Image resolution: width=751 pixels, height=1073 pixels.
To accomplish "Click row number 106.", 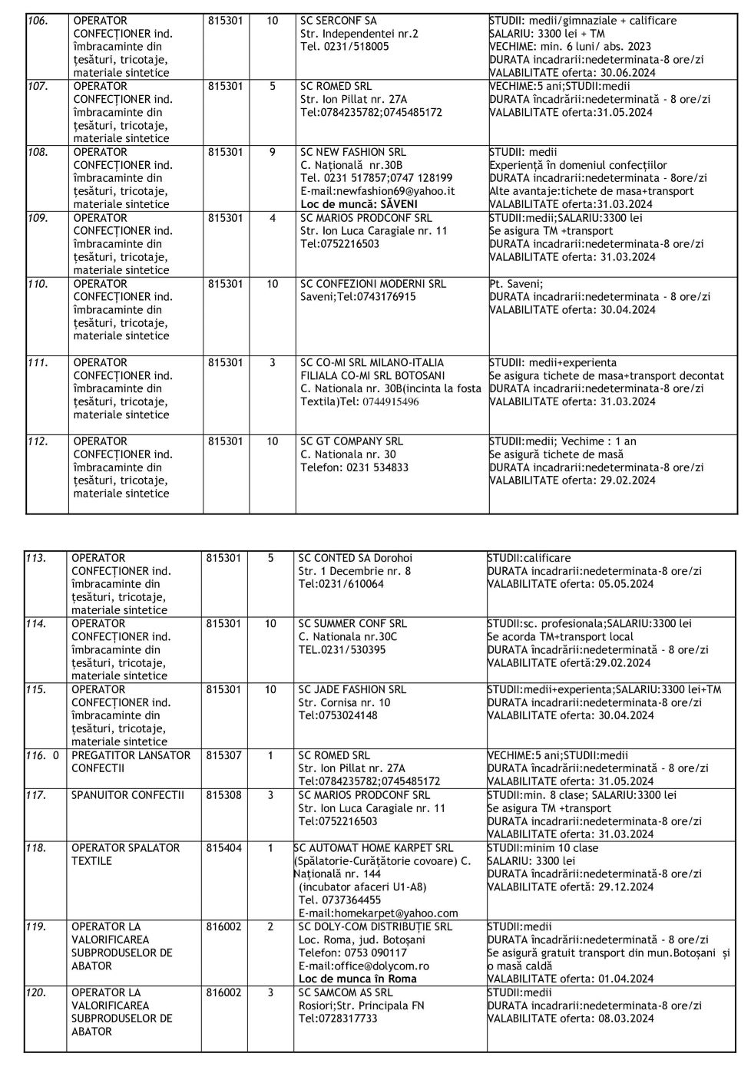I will point(38,21).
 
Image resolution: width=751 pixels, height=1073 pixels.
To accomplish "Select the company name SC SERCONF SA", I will point(338,21).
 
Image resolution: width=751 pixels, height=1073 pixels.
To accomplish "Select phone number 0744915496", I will point(391,402).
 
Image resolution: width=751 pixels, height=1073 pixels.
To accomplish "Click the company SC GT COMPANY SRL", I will point(351,441).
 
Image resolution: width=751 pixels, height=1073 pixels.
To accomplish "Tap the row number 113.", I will point(36,558).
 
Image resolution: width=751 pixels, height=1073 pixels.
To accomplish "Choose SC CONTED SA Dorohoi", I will point(355,558).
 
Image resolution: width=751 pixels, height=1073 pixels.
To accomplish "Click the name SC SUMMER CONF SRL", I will point(352,624).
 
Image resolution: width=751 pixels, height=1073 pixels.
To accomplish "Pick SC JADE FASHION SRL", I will point(352,689).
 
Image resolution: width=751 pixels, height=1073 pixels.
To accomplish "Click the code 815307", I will point(223,755).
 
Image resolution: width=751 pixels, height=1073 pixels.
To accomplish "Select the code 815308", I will point(223,795).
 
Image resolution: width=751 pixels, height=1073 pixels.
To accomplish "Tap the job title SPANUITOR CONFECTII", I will point(127,795).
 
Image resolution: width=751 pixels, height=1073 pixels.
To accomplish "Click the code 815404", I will point(223,848).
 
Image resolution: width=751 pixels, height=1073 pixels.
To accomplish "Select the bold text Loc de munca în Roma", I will point(357,979).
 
